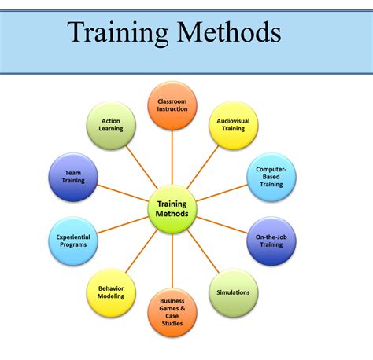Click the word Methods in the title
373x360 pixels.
229,32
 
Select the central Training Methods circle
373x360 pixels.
172,210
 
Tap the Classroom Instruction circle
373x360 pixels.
172,105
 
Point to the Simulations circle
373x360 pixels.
234,292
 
